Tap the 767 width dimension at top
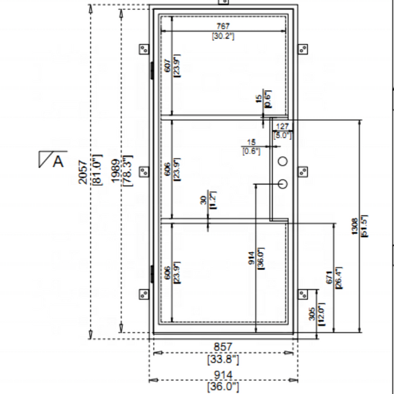[x=223, y=26]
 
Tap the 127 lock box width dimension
[x=283, y=125]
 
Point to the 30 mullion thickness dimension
[x=204, y=200]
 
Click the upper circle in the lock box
[x=283, y=162]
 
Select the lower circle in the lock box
[x=283, y=185]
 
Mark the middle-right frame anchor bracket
[x=303, y=171]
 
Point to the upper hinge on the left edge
[x=152, y=70]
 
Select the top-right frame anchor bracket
[x=303, y=49]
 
